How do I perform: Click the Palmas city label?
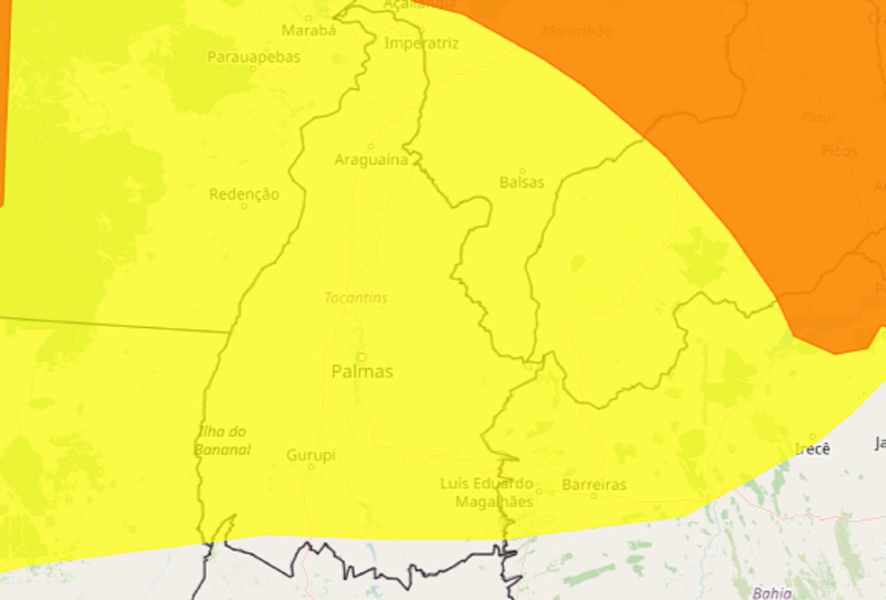coord(362,371)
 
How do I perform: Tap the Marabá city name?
coord(308,31)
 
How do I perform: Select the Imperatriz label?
coord(421,43)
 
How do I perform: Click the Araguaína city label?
coord(371,160)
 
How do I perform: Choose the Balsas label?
coord(522,182)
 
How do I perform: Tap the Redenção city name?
coord(244,194)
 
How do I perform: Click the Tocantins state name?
coord(357,297)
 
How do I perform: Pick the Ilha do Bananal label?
coord(223,441)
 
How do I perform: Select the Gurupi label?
coord(311,455)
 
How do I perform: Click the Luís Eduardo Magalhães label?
coord(487,493)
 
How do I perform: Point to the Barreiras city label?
coord(593,485)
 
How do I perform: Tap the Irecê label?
coord(812,449)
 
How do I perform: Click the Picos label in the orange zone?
coord(839,151)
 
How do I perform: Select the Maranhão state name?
coord(576,32)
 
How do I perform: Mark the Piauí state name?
coord(818,117)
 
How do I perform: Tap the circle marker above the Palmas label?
coord(361,357)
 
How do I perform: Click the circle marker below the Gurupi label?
coord(312,467)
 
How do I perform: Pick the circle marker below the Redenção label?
coord(244,206)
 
